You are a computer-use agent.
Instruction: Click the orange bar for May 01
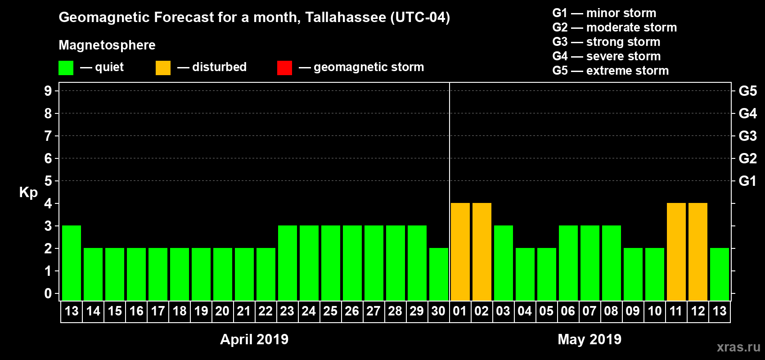point(460,252)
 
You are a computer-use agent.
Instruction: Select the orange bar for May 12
point(697,252)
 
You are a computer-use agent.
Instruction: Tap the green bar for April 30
point(438,274)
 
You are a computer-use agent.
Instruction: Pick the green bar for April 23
point(287,263)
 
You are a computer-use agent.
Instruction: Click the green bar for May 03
point(503,263)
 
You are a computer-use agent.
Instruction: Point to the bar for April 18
point(179,274)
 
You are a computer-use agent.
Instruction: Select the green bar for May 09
point(633,274)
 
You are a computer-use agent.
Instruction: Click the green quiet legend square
point(66,68)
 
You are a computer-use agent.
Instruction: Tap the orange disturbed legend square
point(163,68)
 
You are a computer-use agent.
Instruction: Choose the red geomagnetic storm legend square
point(284,68)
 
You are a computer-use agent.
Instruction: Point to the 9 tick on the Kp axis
point(48,91)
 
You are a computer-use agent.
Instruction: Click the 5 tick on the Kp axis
point(48,181)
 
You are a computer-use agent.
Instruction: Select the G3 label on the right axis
point(747,136)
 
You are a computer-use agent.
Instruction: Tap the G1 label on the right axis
point(747,181)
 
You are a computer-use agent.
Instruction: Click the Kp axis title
point(28,192)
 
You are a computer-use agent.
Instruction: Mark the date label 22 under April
point(265,311)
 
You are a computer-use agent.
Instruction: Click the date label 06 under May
point(568,311)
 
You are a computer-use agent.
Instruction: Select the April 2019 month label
point(254,339)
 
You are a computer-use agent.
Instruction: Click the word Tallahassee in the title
point(345,18)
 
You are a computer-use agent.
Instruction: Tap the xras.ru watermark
point(738,347)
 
